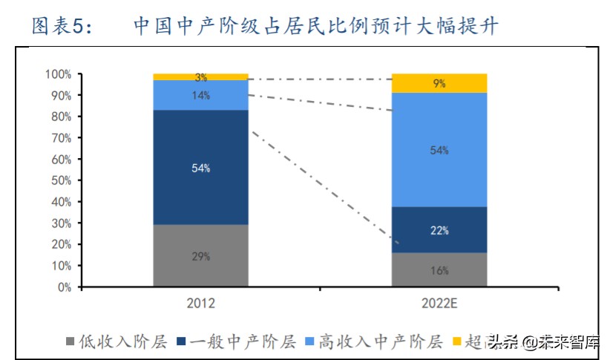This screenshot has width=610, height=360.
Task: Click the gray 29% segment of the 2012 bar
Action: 200,255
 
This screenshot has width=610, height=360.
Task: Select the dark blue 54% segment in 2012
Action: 200,168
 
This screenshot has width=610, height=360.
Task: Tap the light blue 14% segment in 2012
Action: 200,95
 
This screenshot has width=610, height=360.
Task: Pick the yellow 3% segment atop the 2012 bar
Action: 200,77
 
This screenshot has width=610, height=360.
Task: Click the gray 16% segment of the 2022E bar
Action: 439,269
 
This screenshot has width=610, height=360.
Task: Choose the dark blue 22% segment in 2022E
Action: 439,230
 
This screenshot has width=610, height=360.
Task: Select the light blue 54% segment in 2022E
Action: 439,150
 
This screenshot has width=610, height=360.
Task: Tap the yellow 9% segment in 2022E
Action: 439,84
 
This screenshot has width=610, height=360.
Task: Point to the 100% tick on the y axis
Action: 58,74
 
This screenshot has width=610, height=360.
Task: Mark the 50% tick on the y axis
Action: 60,180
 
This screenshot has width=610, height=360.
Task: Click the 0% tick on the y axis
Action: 63,287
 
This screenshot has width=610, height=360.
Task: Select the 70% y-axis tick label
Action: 60,138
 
